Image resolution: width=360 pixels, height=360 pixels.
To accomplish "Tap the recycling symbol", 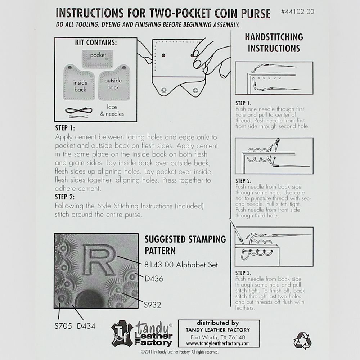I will coord(302,340).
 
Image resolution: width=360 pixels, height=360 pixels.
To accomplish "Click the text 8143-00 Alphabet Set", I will coord(181,265).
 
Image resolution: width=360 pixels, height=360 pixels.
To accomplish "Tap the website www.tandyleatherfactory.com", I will coord(219,344).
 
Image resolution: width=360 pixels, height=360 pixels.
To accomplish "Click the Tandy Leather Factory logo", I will coord(142,334).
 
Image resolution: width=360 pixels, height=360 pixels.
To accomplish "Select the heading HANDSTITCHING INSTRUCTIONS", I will coord(274,42).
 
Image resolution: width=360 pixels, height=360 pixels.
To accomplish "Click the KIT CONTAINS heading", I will coord(96,42).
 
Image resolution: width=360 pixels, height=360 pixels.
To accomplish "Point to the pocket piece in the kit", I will coord(98,56).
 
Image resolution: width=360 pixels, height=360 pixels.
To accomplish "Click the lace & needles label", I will coord(115,111).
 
